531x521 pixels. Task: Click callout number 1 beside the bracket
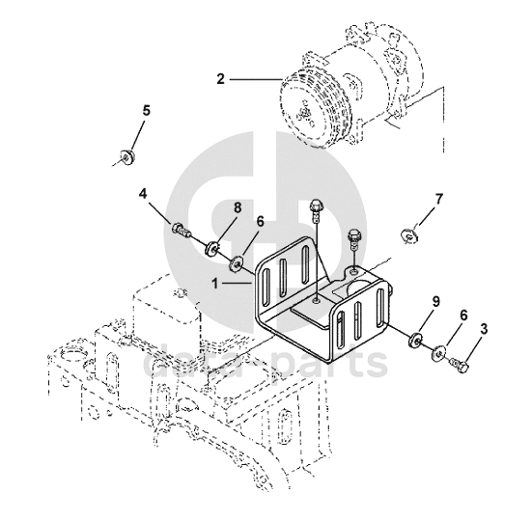215,284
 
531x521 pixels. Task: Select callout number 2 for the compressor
221,79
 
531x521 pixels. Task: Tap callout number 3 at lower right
485,329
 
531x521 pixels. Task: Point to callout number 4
144,194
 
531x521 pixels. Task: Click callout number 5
146,111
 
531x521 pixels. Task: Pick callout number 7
439,200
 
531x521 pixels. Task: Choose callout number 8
238,207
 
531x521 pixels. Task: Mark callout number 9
435,301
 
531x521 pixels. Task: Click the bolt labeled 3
460,366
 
